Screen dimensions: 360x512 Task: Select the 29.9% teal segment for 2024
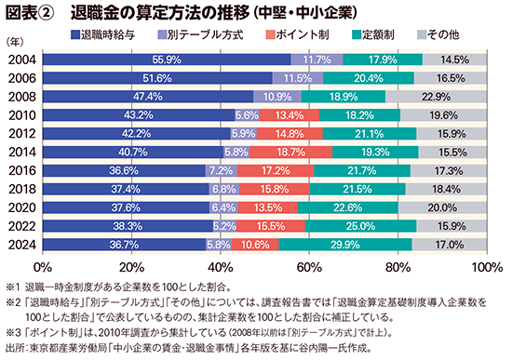[345, 245]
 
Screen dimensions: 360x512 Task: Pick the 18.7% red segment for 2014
[291, 152]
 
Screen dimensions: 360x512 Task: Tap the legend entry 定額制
[371, 34]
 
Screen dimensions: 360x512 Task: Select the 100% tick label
[486, 266]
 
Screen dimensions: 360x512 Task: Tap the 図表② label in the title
[30, 12]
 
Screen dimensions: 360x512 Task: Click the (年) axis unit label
[16, 43]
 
